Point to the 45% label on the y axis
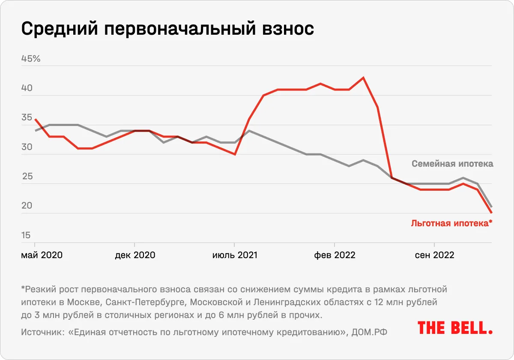[x=31, y=59]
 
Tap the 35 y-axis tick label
[x=27, y=118]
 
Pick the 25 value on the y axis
[x=27, y=177]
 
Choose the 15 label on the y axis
[x=27, y=235]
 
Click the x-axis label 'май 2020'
[x=42, y=255]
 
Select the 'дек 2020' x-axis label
[x=135, y=255]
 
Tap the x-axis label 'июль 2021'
[x=235, y=255]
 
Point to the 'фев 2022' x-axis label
[x=335, y=255]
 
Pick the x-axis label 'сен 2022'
[x=434, y=255]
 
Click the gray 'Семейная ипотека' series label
[x=452, y=164]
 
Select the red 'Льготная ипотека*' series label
[x=451, y=223]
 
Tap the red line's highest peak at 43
[x=363, y=78]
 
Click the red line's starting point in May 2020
[x=36, y=119]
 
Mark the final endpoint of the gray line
[x=491, y=207]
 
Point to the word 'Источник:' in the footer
[x=40, y=332]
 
